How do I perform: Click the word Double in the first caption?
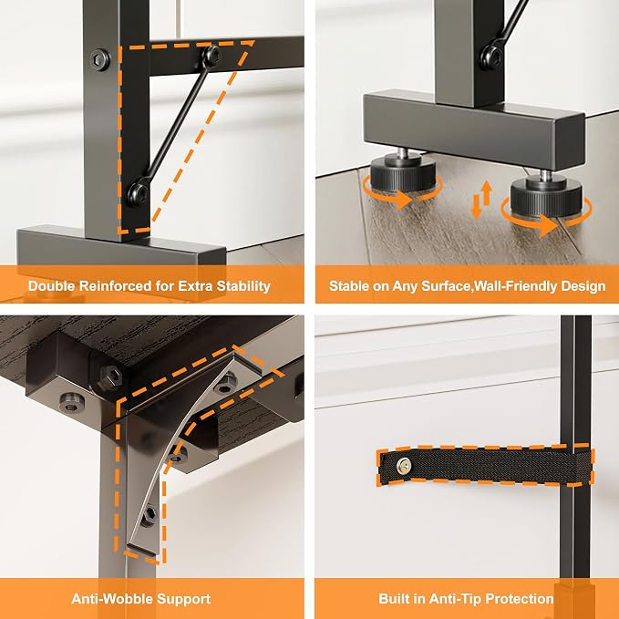[51, 286]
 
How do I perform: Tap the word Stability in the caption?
[243, 286]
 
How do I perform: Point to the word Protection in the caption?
[519, 599]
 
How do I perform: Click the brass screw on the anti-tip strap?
[404, 466]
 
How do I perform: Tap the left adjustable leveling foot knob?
[403, 173]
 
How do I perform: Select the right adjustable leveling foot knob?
[546, 195]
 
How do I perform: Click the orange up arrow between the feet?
[487, 192]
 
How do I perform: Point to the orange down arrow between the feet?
[476, 206]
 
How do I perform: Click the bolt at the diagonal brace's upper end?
[212, 56]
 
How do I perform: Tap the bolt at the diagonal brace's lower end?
[139, 194]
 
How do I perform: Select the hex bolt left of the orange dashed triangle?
[100, 60]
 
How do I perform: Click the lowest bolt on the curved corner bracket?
[149, 516]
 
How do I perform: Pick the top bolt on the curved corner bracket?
[225, 383]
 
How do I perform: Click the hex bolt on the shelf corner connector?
[110, 377]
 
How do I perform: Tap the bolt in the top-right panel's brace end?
[492, 58]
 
